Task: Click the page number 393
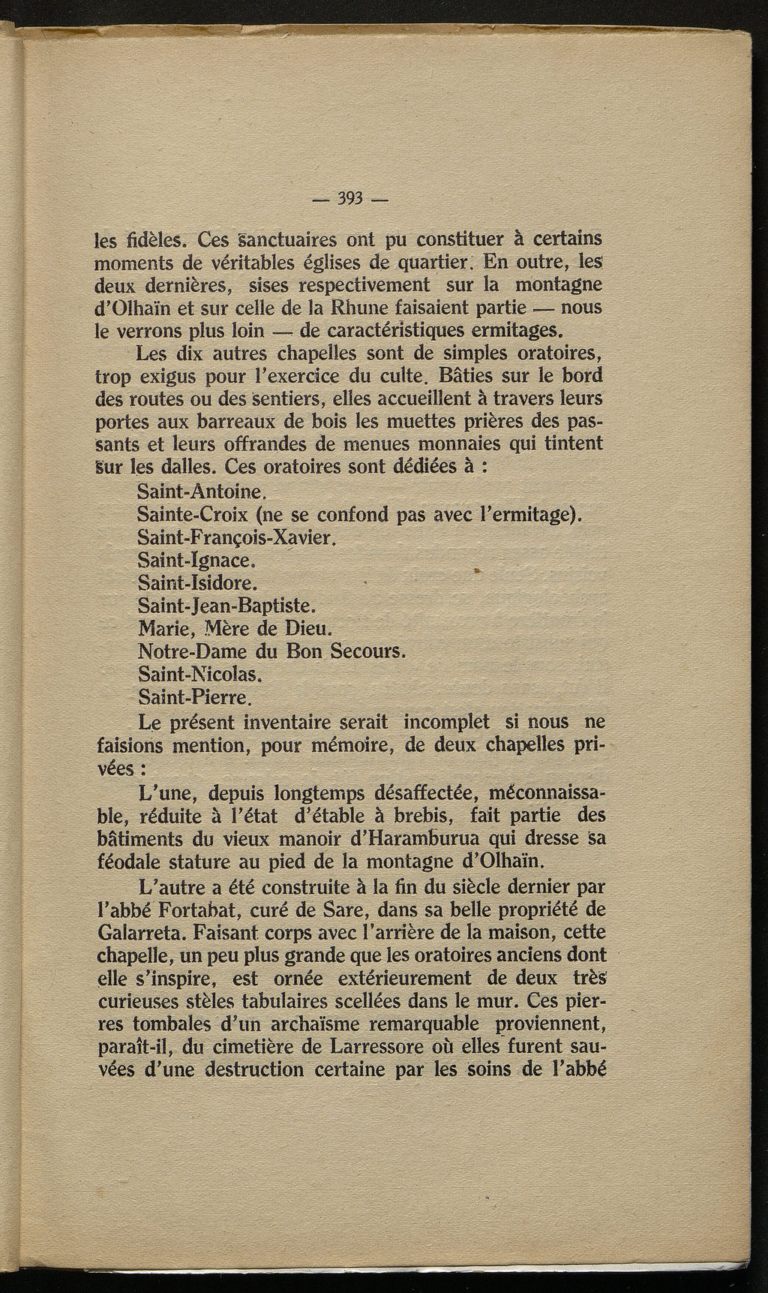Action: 350,199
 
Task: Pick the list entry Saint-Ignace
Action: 187,561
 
